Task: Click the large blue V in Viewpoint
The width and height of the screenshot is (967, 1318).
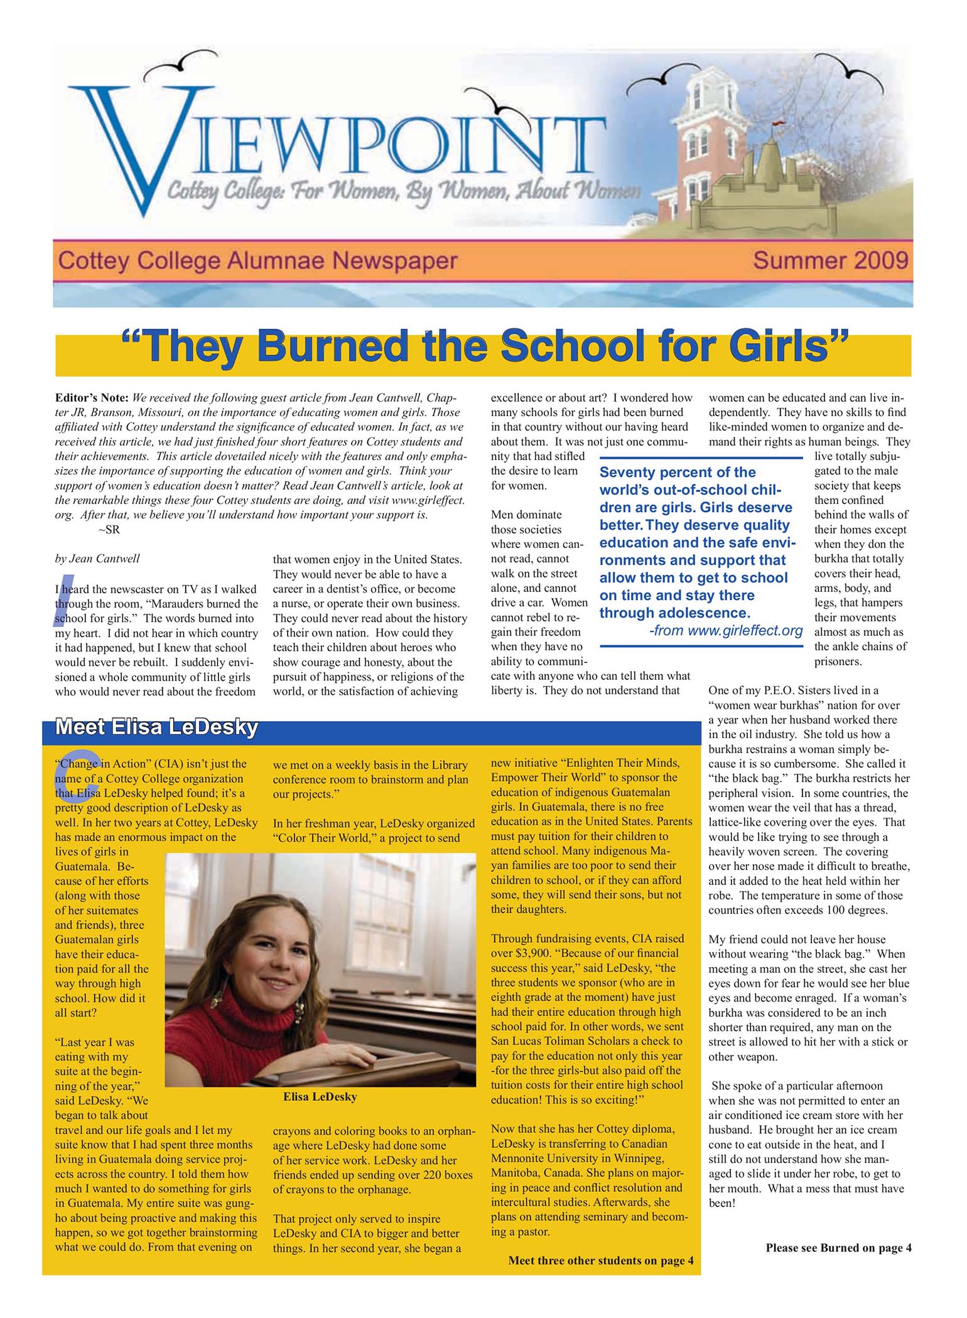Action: (x=135, y=147)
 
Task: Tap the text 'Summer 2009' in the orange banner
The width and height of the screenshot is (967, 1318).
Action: (x=830, y=260)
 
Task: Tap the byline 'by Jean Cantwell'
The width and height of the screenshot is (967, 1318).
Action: (x=97, y=559)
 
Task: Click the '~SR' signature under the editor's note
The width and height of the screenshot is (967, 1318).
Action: (x=109, y=530)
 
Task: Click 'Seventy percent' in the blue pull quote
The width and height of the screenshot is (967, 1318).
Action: (x=646, y=473)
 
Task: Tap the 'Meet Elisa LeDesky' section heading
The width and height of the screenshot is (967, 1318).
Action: (x=156, y=727)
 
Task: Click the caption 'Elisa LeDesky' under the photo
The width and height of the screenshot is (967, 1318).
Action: (x=320, y=1097)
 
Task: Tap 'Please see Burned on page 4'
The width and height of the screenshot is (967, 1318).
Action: (x=838, y=1248)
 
